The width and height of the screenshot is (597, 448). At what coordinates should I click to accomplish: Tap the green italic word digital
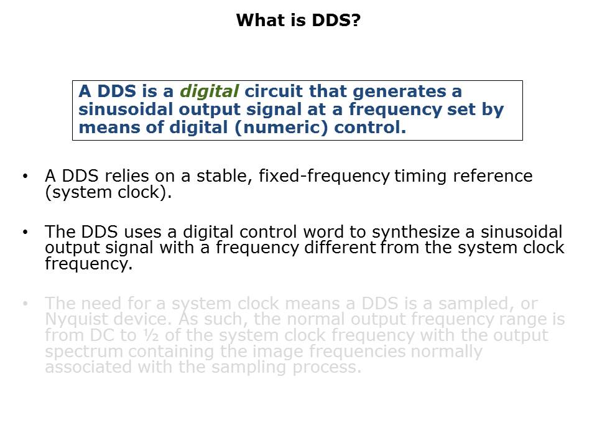point(209,91)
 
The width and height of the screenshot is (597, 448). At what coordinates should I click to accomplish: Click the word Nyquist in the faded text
point(76,320)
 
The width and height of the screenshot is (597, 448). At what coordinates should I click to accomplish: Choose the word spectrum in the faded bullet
point(80,352)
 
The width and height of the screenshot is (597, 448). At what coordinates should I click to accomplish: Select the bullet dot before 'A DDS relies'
point(25,177)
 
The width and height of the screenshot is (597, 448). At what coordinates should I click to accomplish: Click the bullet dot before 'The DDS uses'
point(25,233)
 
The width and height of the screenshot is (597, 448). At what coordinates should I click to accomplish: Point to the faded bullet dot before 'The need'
point(25,304)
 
